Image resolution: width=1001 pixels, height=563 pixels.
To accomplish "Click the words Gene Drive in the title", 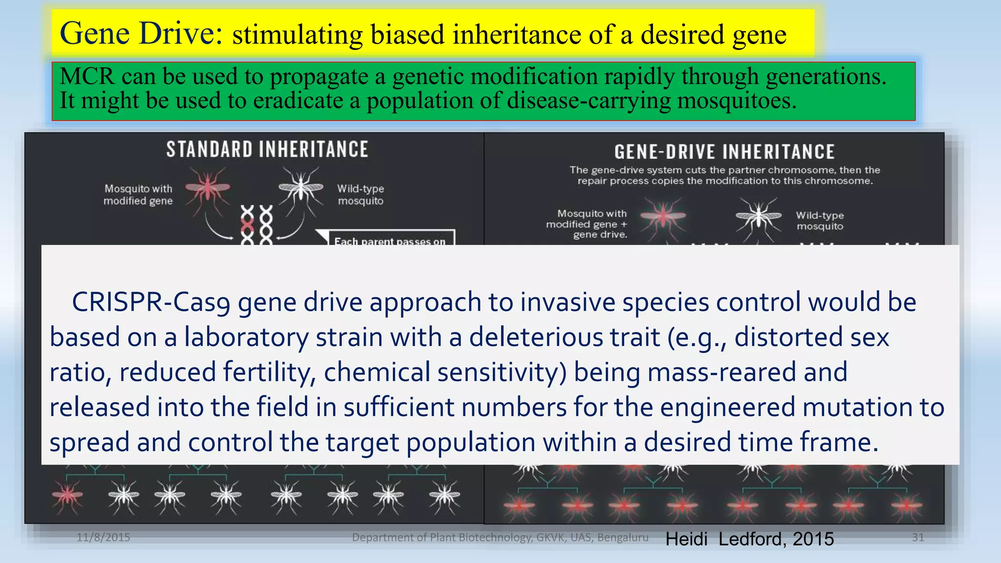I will tap(141, 33).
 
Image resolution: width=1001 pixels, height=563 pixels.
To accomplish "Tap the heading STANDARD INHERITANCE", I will tap(267, 150).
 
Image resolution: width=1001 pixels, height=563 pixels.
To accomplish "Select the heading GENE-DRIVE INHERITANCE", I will tap(724, 152).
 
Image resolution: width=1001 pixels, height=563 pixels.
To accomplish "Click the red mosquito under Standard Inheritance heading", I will tap(208, 188).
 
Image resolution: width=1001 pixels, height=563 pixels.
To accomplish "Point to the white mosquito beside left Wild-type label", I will tap(301, 188).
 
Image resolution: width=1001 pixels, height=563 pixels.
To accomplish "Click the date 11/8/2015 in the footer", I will tap(103, 538).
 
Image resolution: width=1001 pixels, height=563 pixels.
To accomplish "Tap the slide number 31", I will tap(918, 538).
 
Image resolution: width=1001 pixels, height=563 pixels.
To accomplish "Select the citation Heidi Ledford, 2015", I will tap(749, 539).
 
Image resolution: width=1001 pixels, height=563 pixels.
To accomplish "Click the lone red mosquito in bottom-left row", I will tap(67, 496).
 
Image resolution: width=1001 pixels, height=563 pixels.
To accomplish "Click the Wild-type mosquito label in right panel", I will tap(820, 220).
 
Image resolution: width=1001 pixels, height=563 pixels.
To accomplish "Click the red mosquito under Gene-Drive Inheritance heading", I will tap(662, 216).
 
